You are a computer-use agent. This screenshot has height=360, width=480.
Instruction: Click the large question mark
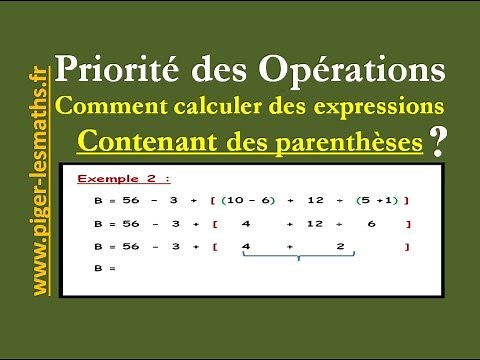coord(437,141)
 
